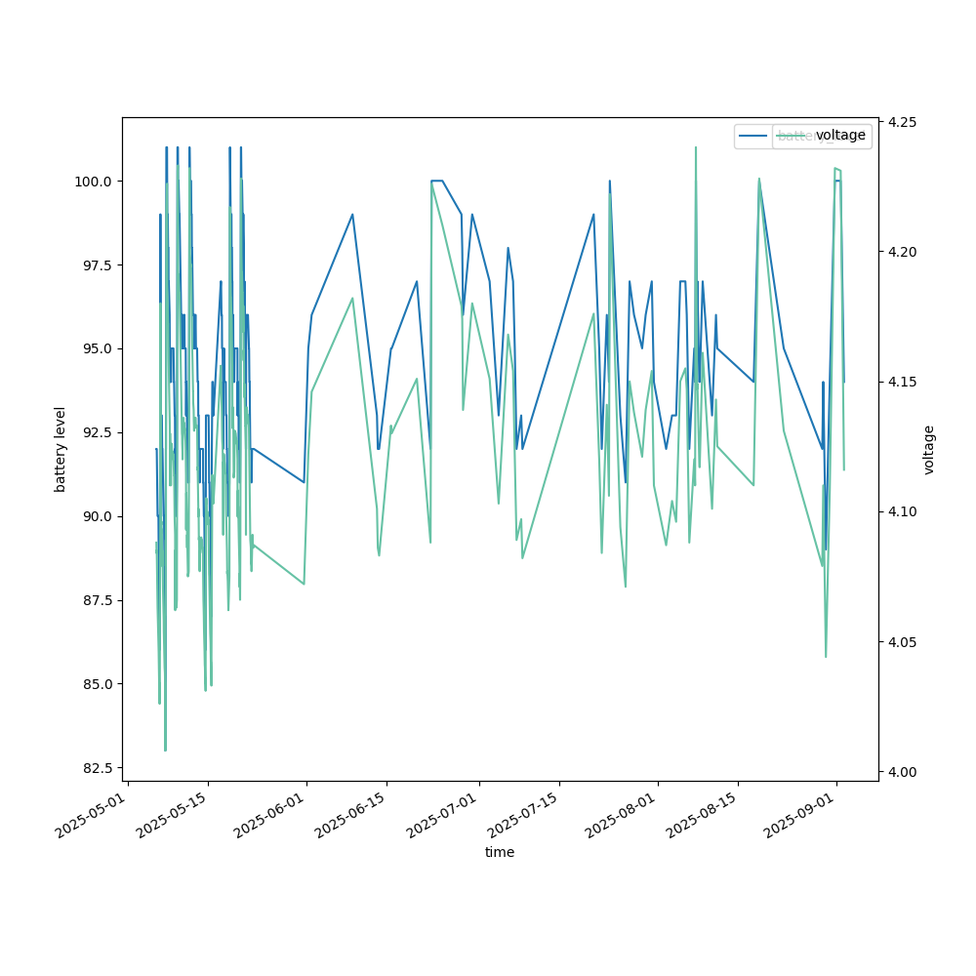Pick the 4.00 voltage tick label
[902, 772]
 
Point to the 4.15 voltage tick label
[902, 382]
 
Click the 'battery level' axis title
[61, 449]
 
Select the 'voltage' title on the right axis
[929, 449]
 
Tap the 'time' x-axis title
[500, 852]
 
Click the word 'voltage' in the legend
[840, 136]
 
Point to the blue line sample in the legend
[753, 136]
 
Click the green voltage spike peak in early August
[696, 148]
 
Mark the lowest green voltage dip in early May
[165, 750]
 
